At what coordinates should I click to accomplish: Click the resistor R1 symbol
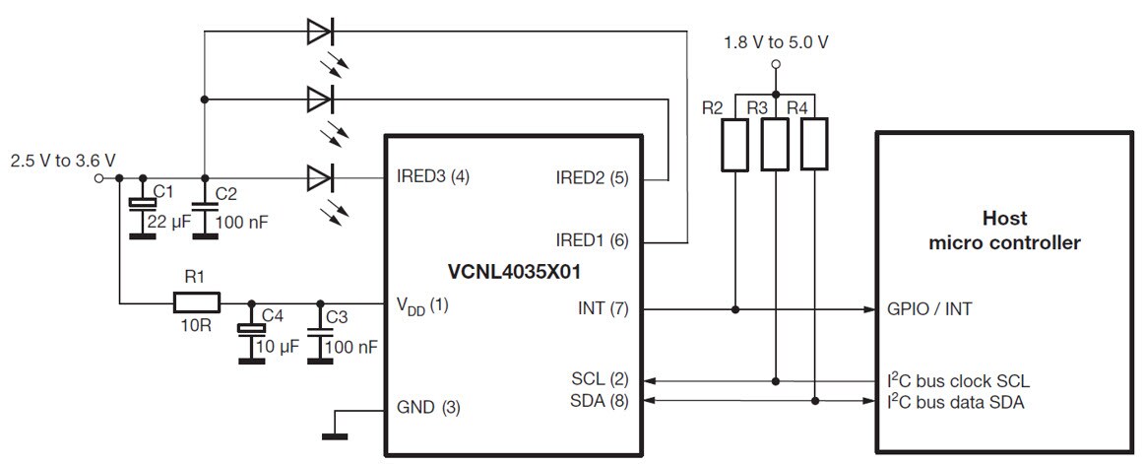coord(197,302)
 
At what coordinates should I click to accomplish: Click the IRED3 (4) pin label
coord(433,178)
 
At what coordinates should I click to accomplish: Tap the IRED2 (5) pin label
coord(592,178)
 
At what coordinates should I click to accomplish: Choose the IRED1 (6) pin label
coord(592,239)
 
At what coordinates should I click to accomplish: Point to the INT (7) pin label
coord(601,308)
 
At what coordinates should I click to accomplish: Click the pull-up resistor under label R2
coord(735,145)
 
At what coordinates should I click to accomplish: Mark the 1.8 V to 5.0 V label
coord(775,42)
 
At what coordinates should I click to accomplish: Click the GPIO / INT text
coord(929,308)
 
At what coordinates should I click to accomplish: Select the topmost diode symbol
coord(320,32)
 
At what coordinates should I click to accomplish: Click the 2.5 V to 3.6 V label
coord(62,160)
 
